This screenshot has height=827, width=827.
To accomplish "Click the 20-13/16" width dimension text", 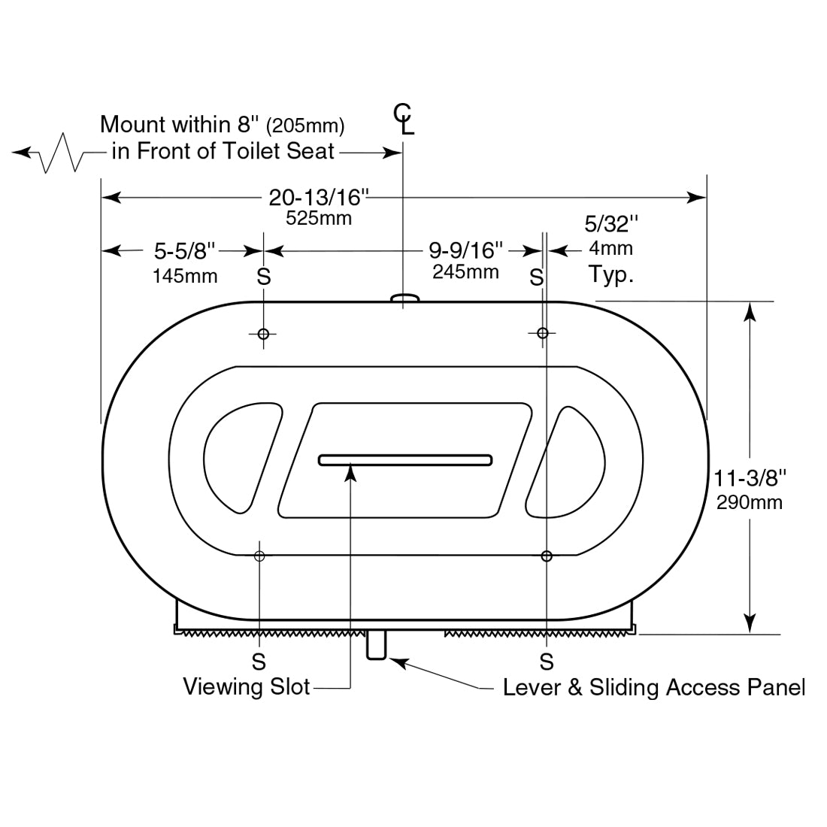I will tap(319, 198).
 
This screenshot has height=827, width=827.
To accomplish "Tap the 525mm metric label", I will tap(319, 219).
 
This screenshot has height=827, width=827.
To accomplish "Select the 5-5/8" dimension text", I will tap(185, 250).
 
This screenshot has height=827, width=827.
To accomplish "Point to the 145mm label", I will tap(185, 276).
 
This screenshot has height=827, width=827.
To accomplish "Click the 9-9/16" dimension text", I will tap(466, 250).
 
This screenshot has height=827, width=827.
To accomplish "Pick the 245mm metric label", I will tap(465, 271).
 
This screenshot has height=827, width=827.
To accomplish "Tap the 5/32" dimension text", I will tap(611, 224).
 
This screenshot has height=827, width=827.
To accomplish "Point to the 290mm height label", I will tap(750, 502).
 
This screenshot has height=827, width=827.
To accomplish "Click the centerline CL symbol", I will tap(404, 118).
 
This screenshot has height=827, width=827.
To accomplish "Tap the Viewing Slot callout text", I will tap(247, 686).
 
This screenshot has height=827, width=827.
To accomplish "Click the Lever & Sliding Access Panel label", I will tap(653, 687).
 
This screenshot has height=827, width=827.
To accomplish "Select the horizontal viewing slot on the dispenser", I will tap(405, 459).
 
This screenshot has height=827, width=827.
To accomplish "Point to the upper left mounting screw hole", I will tap(263, 334).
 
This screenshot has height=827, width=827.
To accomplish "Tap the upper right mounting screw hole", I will tap(542, 333).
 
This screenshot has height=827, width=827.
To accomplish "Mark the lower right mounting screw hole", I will tap(547, 556).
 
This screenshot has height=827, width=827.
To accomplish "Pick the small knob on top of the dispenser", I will tap(404, 299).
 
